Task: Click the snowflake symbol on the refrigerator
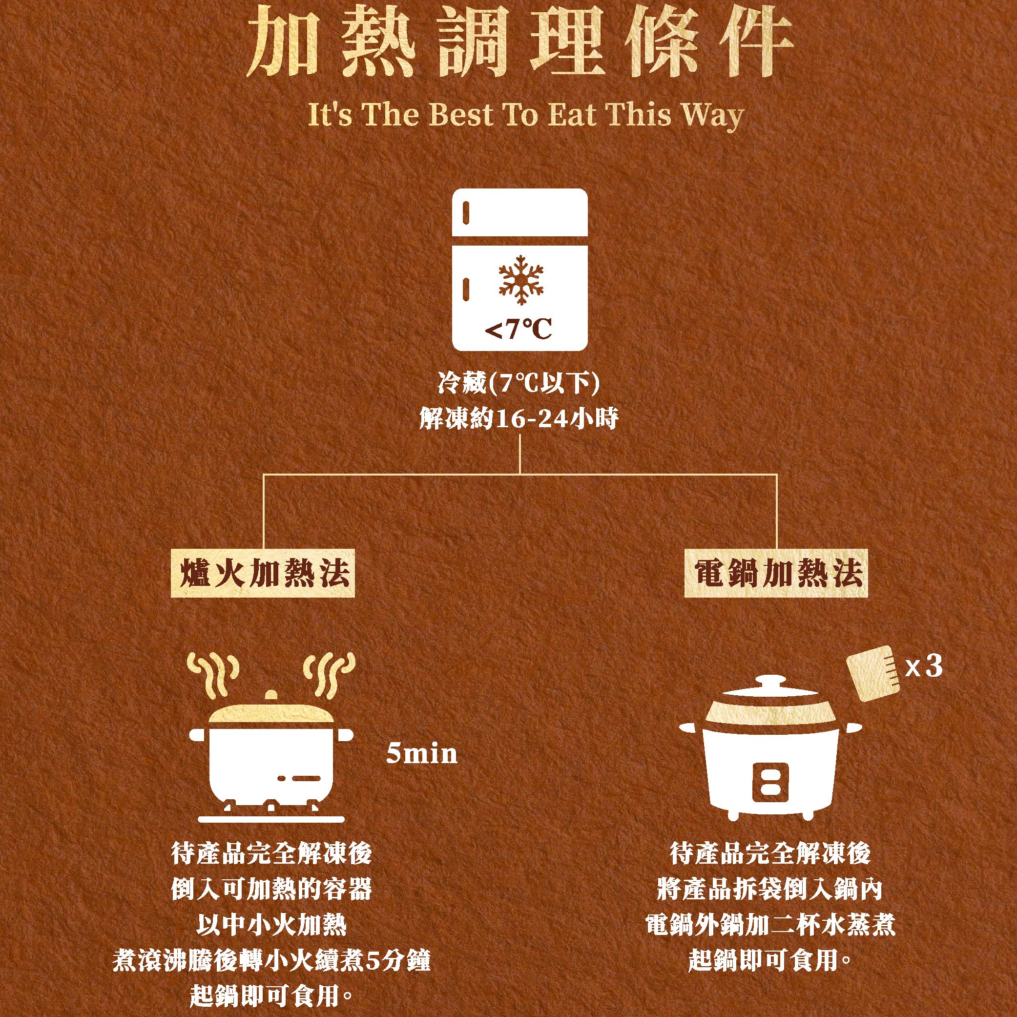tap(520, 280)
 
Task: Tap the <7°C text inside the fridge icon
tap(518, 330)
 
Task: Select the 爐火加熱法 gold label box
tap(263, 574)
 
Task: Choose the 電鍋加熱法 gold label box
tap(776, 574)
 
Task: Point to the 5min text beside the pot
tap(421, 754)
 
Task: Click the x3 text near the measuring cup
tap(924, 667)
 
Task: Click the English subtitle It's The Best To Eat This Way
tap(525, 115)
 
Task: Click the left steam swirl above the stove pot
tap(214, 676)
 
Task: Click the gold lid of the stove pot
tap(271, 712)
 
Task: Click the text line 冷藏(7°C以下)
tap(519, 384)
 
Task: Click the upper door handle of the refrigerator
tap(466, 211)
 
